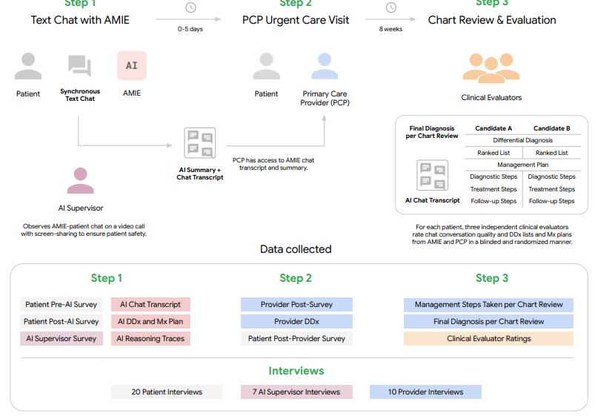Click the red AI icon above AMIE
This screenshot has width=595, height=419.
point(132,65)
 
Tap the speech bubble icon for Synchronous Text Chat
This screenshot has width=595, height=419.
point(79,66)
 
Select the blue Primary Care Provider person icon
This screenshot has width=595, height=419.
point(325,66)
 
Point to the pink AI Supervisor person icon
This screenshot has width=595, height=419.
point(81,180)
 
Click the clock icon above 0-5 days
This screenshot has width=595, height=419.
point(190,8)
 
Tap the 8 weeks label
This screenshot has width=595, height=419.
point(390,29)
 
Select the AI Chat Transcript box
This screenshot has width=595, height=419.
point(151,304)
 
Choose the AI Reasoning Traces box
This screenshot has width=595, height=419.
point(151,339)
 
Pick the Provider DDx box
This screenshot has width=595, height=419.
point(296,321)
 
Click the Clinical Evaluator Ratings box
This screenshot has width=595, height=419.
point(488,339)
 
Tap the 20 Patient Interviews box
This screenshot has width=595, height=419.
point(167,392)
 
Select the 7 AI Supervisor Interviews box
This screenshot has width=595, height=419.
point(296,392)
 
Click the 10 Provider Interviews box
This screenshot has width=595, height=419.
point(425,392)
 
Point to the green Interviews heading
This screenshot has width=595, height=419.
point(296,370)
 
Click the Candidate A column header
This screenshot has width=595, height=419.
point(493,128)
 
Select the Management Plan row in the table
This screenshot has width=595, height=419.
point(523,165)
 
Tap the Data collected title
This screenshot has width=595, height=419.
point(296,249)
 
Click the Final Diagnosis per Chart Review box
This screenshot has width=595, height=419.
point(488,321)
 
